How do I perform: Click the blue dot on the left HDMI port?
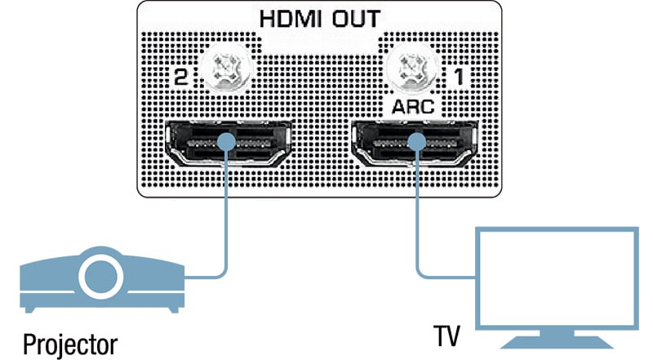pos(228,142)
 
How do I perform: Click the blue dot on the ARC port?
pos(417,142)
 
